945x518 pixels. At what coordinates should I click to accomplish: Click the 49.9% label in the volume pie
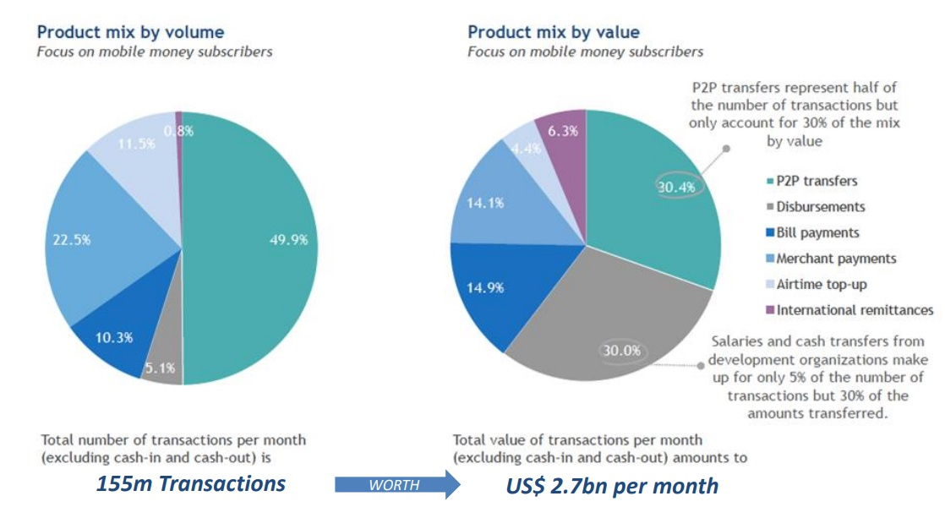point(287,240)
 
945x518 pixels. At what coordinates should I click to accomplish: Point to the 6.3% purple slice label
point(563,131)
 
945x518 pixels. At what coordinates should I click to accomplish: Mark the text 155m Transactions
point(190,484)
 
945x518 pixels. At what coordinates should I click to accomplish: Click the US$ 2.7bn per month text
point(612,486)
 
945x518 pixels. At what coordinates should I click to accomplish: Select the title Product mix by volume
point(130,33)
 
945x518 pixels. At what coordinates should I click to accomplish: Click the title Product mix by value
point(554,33)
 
